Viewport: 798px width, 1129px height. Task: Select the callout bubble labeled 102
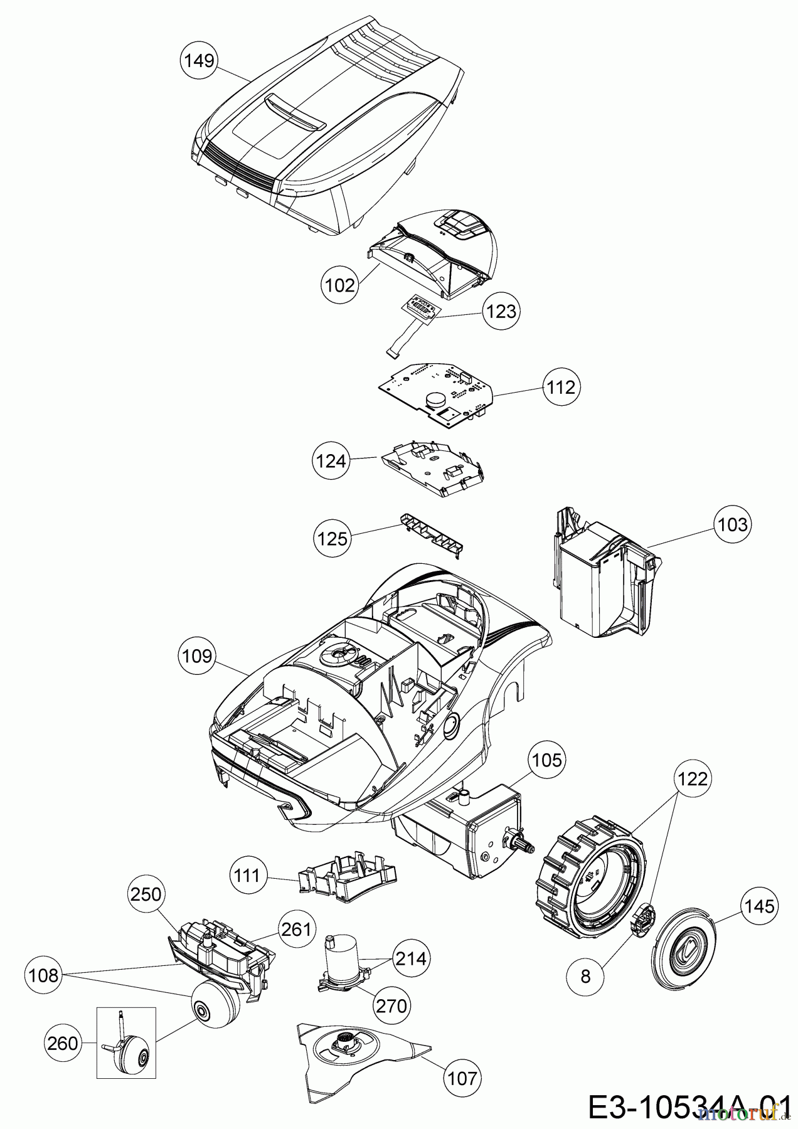point(341,285)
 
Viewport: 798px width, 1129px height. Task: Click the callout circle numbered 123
point(501,311)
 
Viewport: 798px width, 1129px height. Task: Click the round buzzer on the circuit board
point(435,397)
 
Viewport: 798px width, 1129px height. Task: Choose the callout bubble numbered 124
point(331,461)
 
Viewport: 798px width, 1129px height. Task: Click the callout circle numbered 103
point(733,524)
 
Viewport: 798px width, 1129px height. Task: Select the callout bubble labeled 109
point(197,656)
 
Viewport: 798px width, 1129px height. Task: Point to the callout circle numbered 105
point(546,760)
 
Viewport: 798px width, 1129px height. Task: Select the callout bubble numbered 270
point(391,1006)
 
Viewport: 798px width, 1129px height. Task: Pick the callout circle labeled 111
point(248,876)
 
